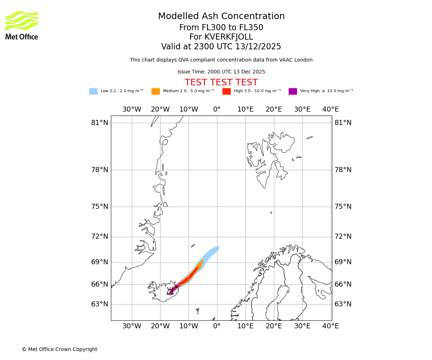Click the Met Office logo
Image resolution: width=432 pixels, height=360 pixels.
click(x=22, y=25)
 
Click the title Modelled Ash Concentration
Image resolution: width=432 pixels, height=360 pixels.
click(x=221, y=16)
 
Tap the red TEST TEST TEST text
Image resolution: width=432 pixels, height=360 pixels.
click(x=221, y=82)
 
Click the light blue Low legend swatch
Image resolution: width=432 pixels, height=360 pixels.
click(x=93, y=91)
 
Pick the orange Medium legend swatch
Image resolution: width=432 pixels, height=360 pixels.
click(x=156, y=91)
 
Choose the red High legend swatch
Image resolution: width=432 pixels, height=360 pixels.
click(x=226, y=91)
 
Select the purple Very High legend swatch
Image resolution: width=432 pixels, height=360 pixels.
click(x=293, y=91)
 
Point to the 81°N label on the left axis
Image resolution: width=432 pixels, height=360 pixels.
click(x=100, y=122)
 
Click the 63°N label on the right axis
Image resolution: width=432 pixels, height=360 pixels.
click(x=343, y=304)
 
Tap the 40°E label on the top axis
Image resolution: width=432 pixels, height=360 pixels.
click(x=330, y=109)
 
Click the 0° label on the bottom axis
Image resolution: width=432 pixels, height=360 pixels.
click(x=217, y=326)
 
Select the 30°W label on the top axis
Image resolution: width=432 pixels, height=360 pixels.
click(x=132, y=109)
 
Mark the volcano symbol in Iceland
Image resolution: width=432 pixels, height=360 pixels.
click(x=170, y=291)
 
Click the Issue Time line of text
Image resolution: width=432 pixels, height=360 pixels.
click(x=221, y=72)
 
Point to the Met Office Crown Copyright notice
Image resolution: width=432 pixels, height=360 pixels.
click(x=59, y=349)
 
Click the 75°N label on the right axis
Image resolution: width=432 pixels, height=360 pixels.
click(x=343, y=206)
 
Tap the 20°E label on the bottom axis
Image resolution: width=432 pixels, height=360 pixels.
click(x=274, y=326)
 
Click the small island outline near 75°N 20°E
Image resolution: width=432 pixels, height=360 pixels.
click(x=271, y=212)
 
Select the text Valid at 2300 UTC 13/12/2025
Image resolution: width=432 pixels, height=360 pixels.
click(x=221, y=46)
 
